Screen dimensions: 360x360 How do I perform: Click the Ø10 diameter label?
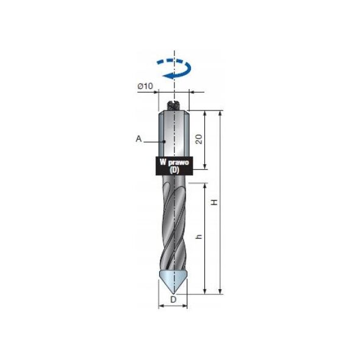pyautogui.click(x=145, y=86)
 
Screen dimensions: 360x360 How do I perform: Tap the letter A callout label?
pyautogui.click(x=139, y=139)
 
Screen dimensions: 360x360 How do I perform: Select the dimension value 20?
pyautogui.click(x=198, y=140)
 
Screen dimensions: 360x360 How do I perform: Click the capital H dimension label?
pyautogui.click(x=214, y=202)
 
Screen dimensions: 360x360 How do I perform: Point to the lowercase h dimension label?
pyautogui.click(x=198, y=238)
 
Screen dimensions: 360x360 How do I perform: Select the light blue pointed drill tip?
pyautogui.click(x=173, y=280)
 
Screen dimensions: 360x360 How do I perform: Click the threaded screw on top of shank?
pyautogui.click(x=174, y=105)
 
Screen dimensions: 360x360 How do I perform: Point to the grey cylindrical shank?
pyautogui.click(x=173, y=134)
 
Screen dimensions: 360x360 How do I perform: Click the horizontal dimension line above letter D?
pyautogui.click(x=173, y=305)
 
